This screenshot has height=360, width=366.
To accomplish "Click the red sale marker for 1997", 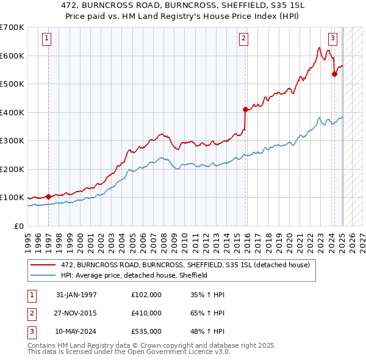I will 48,197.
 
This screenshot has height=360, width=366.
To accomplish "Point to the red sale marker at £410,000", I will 245,110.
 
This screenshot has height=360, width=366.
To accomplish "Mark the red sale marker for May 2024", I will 334,74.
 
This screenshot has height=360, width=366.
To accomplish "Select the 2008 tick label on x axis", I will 164,241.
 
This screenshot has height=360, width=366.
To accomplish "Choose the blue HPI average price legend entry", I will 134,275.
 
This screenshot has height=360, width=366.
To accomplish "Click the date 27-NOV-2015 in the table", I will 76,313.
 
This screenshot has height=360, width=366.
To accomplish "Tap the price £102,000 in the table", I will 146,295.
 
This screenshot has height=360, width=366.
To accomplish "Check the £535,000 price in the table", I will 146,331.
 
